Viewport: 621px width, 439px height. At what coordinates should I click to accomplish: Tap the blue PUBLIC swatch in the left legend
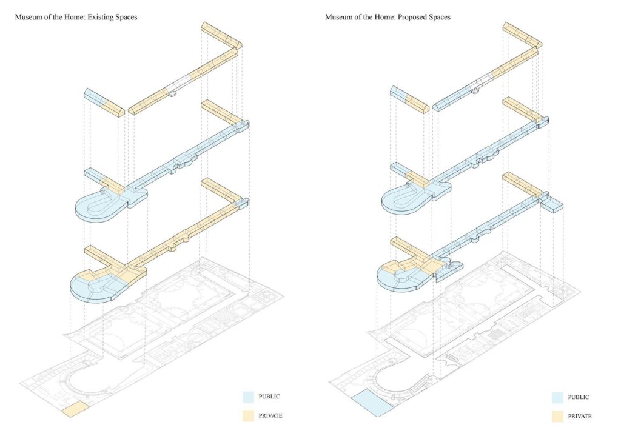248,398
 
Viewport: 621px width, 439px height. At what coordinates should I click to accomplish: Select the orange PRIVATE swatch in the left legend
248,416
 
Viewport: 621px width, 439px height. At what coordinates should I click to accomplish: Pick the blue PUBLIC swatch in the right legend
559,398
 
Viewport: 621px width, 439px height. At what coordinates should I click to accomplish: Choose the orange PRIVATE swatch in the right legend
559,416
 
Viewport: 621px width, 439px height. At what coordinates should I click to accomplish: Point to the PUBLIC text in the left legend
269,397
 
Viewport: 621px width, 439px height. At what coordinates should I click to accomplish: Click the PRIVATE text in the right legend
580,416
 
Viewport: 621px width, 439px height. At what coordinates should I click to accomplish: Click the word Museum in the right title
338,17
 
